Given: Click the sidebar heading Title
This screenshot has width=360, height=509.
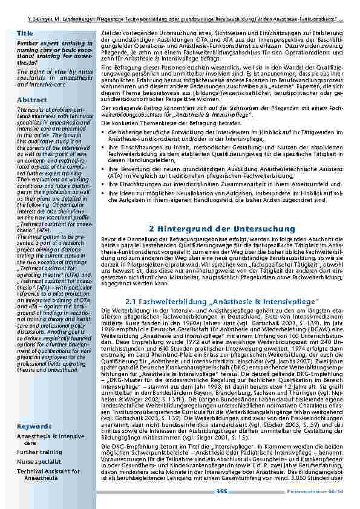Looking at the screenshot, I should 25,33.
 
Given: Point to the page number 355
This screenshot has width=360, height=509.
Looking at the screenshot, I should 221,491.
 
